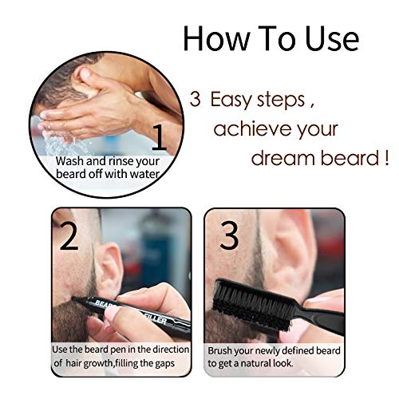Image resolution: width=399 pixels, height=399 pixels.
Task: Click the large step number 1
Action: click(160, 137)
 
